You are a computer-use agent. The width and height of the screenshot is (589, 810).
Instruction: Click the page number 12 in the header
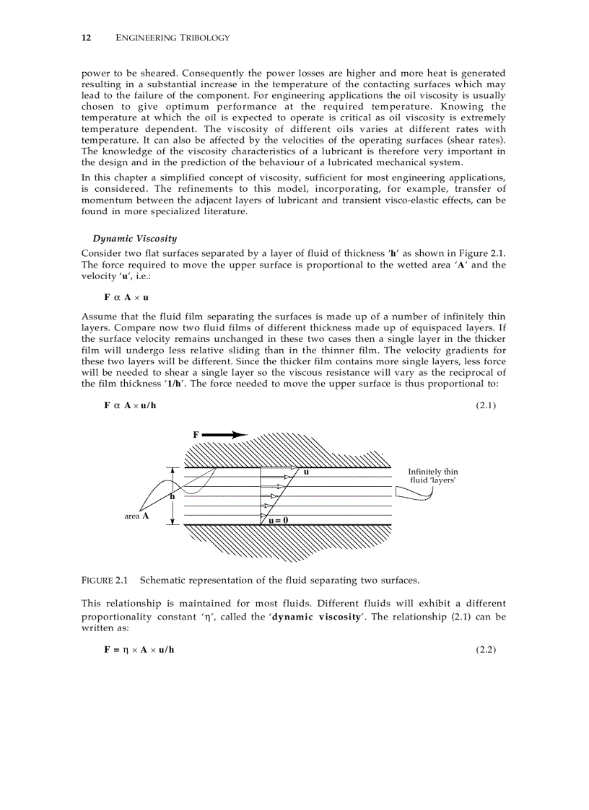[x=85, y=38]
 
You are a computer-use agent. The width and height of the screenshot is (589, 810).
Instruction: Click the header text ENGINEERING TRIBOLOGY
[x=173, y=38]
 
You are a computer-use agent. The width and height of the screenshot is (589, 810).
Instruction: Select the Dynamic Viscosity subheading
[x=134, y=238]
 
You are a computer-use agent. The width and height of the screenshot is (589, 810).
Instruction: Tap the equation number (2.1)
[x=486, y=405]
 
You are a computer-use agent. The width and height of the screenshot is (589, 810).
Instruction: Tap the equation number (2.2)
[x=486, y=650]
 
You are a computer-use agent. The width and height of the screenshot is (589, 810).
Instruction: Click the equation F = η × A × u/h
[x=139, y=650]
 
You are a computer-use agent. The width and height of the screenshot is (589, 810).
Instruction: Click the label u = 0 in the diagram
[x=278, y=519]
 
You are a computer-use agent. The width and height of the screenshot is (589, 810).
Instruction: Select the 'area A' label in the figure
[x=136, y=516]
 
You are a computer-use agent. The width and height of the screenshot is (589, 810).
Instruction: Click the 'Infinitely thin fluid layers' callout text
[x=432, y=475]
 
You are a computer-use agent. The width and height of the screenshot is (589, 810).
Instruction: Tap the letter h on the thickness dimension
[x=173, y=496]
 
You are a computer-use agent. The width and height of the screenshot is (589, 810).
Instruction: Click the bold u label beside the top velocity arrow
[x=306, y=472]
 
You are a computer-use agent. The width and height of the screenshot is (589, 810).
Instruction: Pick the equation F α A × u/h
[x=130, y=405]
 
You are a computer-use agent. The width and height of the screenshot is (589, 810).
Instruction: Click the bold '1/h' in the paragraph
[x=174, y=383]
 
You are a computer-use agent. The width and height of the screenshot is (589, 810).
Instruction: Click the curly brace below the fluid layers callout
[x=414, y=494]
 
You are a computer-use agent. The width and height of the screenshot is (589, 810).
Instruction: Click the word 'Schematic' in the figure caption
[x=164, y=580]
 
